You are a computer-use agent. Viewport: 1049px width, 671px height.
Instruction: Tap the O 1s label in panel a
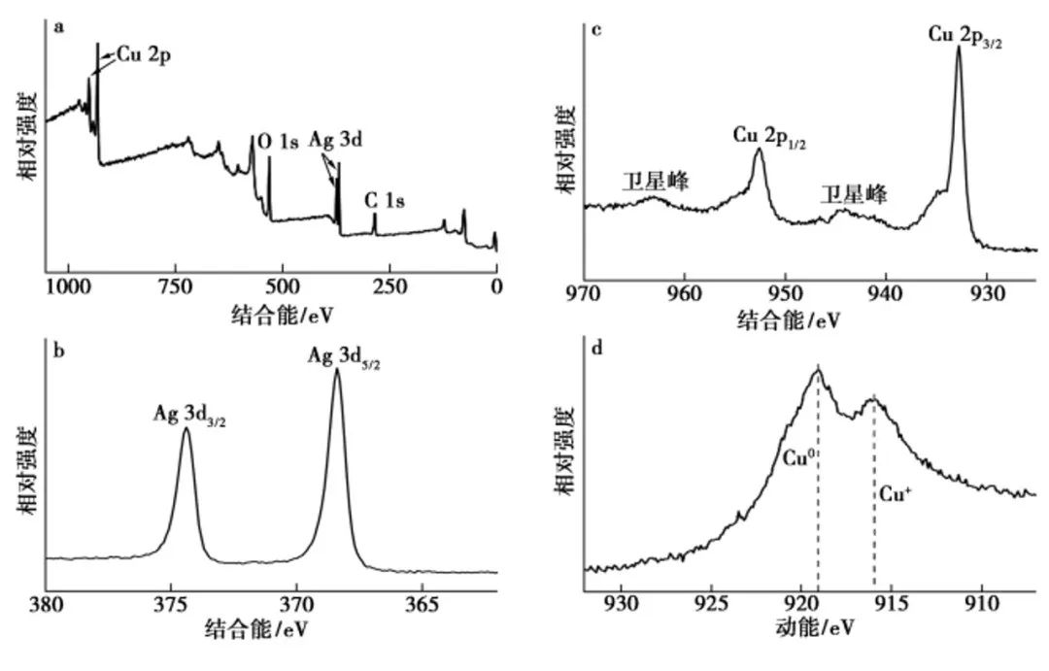(x=277, y=142)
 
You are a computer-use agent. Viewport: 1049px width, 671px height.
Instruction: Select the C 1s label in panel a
(x=385, y=201)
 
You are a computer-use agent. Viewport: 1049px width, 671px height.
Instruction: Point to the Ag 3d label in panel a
(x=338, y=139)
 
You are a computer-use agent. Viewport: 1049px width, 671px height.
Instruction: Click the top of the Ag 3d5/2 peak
(x=337, y=369)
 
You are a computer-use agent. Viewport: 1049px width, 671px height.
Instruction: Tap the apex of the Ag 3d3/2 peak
(x=186, y=428)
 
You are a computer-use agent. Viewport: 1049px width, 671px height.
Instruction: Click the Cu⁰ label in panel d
(x=798, y=453)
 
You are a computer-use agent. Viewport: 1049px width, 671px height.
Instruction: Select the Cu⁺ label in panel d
(x=895, y=493)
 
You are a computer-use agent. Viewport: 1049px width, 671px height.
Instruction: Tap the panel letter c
(x=595, y=28)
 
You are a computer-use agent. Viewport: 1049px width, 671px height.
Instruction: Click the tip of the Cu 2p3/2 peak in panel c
(x=959, y=46)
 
